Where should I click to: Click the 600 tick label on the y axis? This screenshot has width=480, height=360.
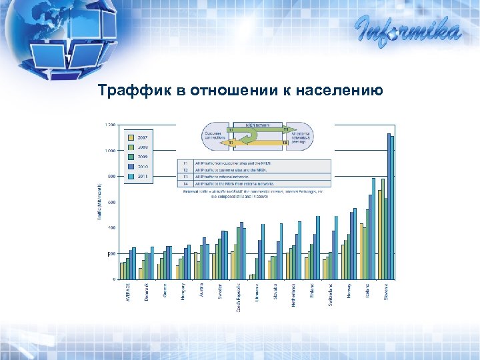[x=111, y=202]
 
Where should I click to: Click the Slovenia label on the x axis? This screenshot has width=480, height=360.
[x=387, y=291]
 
